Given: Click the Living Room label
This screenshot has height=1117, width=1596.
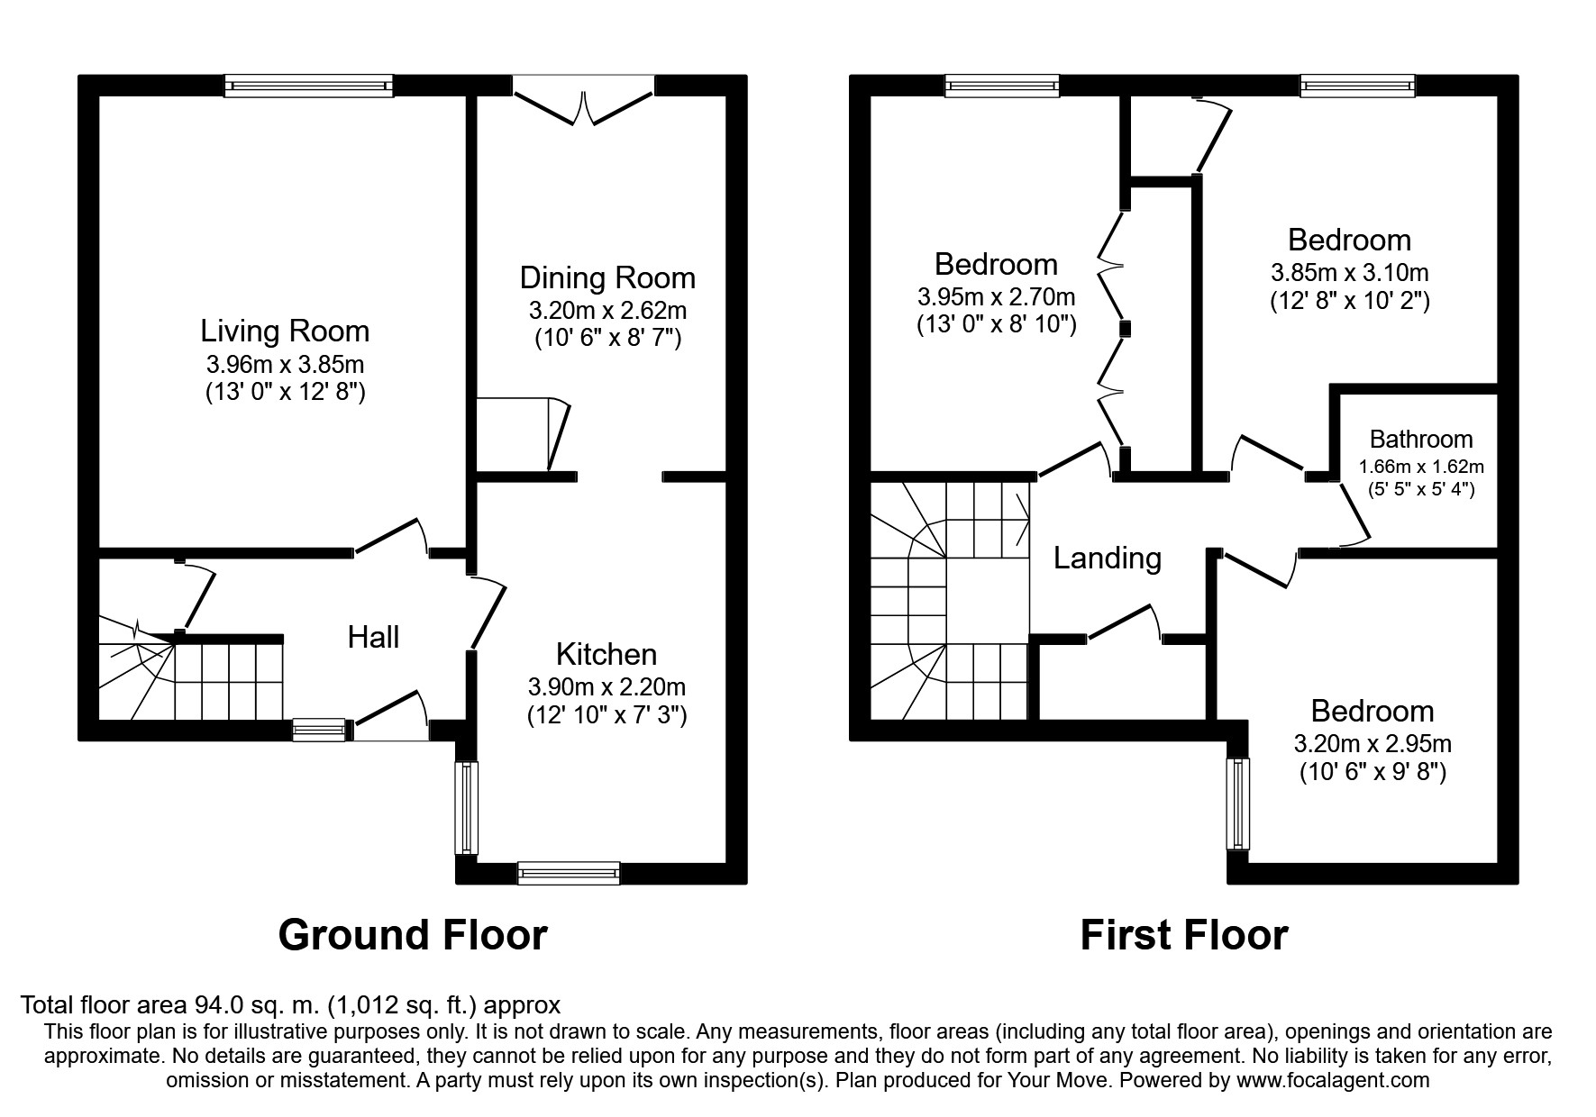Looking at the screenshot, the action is pyautogui.click(x=285, y=331).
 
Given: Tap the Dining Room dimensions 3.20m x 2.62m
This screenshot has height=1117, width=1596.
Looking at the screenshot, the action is pyautogui.click(x=607, y=311).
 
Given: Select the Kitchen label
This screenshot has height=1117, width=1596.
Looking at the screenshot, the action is pyautogui.click(x=606, y=653).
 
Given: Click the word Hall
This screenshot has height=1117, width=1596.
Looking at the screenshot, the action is pyautogui.click(x=373, y=638).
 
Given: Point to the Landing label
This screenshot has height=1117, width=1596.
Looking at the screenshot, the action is pyautogui.click(x=1108, y=558).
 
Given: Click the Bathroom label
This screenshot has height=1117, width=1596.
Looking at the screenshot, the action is pyautogui.click(x=1421, y=440).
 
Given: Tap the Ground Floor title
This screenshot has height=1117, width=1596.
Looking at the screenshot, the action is pyautogui.click(x=413, y=935).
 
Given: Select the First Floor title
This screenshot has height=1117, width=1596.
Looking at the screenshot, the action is pyautogui.click(x=1184, y=935).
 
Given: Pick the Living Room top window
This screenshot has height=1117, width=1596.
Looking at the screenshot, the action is pyautogui.click(x=309, y=86).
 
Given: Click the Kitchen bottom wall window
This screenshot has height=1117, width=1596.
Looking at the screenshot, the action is pyautogui.click(x=569, y=872).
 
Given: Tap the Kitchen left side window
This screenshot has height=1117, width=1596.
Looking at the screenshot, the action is pyautogui.click(x=467, y=807).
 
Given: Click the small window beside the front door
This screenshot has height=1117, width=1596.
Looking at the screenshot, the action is pyautogui.click(x=319, y=730).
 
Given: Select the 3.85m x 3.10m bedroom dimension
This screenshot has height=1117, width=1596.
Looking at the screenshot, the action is pyautogui.click(x=1349, y=272).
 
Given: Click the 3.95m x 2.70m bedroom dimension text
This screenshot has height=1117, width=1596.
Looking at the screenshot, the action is pyautogui.click(x=996, y=296).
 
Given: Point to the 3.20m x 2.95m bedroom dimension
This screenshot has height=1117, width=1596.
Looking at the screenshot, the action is pyautogui.click(x=1373, y=744).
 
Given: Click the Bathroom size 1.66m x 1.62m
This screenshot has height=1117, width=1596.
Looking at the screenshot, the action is pyautogui.click(x=1421, y=468).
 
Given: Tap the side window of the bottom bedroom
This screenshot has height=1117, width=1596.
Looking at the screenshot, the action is pyautogui.click(x=1238, y=804).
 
